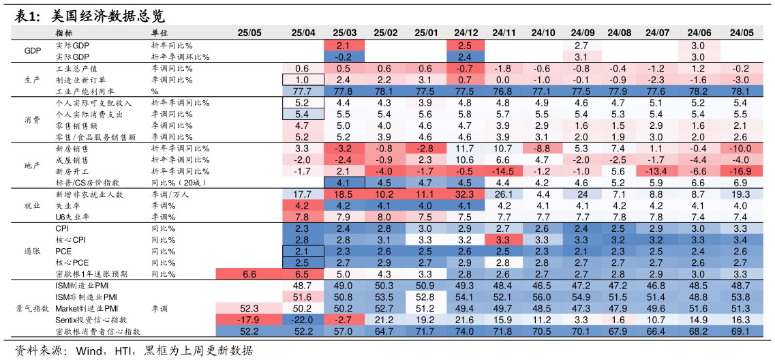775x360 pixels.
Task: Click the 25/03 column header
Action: [x=344, y=33]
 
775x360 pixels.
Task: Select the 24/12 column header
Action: [x=466, y=33]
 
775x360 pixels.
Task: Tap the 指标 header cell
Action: [x=65, y=33]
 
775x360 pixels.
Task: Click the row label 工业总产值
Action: [x=76, y=68]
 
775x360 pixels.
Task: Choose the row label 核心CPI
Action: [x=70, y=240]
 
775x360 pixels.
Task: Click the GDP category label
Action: [x=32, y=50]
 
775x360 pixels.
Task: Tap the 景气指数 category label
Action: [x=32, y=308]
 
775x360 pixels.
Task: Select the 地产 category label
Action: [x=32, y=166]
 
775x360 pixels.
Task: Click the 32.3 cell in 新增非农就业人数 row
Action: [x=466, y=194]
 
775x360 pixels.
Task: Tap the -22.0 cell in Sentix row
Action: [x=303, y=320]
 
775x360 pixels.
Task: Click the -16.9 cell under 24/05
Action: [x=740, y=171]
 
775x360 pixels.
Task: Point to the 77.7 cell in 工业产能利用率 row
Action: [x=303, y=91]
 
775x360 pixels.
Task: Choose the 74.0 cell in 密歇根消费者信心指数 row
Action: [x=466, y=331]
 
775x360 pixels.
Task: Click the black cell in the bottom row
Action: [x=182, y=331]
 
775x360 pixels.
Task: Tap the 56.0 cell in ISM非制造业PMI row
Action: [x=543, y=297]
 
